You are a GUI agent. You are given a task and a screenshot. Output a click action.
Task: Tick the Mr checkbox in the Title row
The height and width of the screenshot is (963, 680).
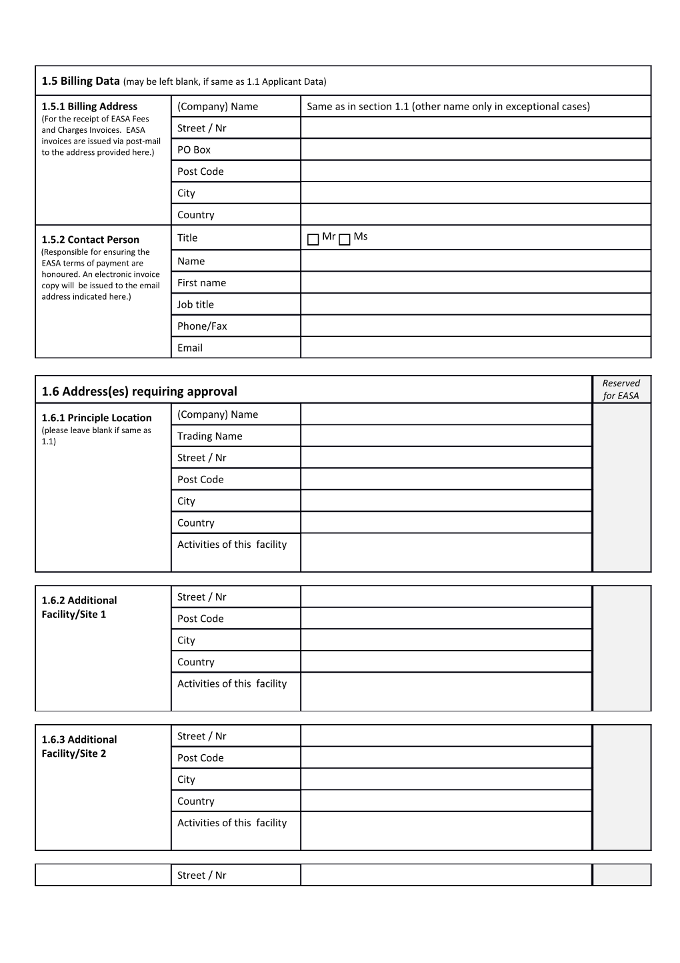click(x=313, y=240)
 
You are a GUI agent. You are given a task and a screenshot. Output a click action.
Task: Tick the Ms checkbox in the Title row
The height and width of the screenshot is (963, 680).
click(x=344, y=240)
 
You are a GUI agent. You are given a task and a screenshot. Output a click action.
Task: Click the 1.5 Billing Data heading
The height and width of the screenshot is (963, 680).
click(x=80, y=81)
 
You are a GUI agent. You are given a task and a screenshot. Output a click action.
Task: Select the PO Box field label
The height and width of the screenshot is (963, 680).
click(x=193, y=149)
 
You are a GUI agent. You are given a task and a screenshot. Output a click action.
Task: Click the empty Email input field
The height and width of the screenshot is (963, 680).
click(x=475, y=348)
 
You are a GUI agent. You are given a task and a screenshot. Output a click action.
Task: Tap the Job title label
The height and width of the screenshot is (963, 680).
click(x=195, y=304)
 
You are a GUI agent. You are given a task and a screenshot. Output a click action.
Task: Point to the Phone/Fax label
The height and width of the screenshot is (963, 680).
click(x=202, y=326)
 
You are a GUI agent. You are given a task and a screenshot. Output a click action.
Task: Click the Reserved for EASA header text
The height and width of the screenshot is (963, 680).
click(x=621, y=389)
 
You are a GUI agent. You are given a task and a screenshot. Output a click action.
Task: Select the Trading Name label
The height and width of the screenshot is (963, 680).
click(x=209, y=436)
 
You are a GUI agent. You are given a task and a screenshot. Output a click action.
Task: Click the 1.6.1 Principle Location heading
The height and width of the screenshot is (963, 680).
click(x=96, y=418)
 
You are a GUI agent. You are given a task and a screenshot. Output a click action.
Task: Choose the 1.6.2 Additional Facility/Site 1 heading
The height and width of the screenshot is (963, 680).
click(x=79, y=607)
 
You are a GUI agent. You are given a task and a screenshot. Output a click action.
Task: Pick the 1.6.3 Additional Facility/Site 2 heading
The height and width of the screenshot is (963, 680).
click(x=79, y=746)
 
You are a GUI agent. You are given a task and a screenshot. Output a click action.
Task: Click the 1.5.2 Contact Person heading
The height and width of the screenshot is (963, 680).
click(x=90, y=240)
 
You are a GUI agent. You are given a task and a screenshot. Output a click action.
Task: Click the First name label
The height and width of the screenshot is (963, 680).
click(x=201, y=283)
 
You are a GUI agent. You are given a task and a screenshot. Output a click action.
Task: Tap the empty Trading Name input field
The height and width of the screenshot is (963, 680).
click(x=445, y=436)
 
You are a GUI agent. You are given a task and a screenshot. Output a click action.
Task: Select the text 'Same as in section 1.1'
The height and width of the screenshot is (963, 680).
click(x=357, y=107)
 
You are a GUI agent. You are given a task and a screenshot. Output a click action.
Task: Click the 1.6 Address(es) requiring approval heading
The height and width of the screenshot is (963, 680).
click(x=139, y=391)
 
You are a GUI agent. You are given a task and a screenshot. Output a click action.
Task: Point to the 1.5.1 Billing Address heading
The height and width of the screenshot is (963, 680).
click(x=89, y=106)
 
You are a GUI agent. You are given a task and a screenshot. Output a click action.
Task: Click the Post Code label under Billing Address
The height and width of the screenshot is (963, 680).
click(x=200, y=172)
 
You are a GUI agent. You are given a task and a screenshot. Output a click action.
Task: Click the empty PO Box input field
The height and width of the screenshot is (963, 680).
click(x=475, y=149)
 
